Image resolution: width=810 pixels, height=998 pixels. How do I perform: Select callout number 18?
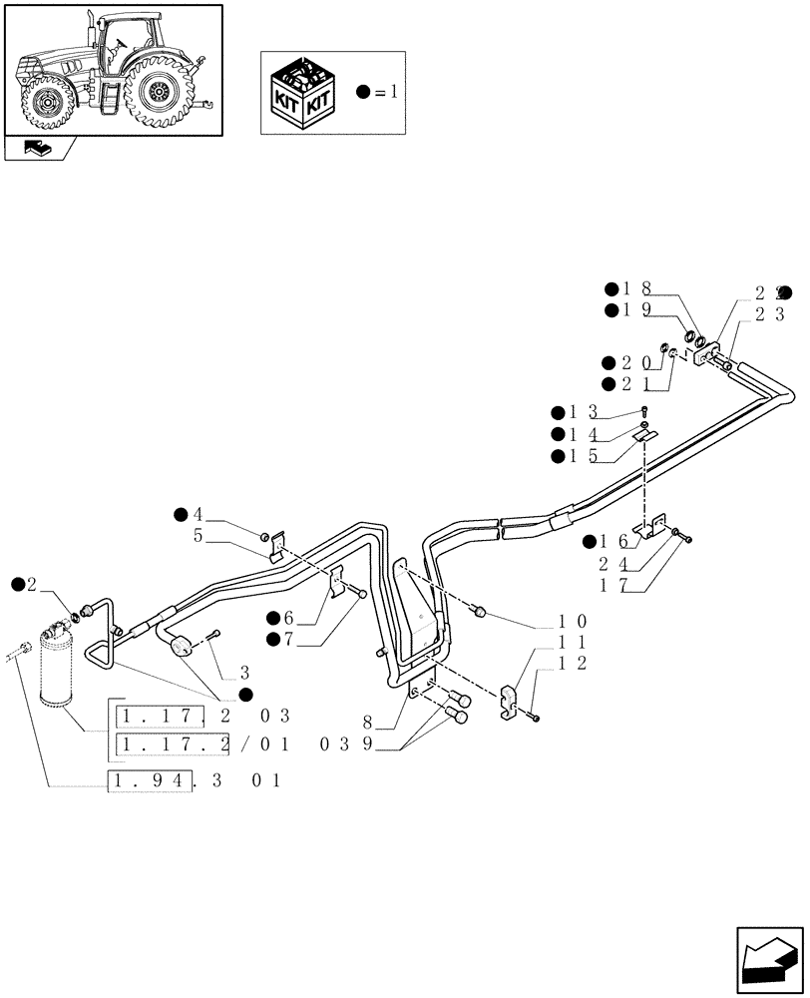(x=637, y=288)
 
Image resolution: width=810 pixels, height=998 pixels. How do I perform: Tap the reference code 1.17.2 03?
(x=203, y=716)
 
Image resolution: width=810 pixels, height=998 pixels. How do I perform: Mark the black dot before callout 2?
(x=18, y=584)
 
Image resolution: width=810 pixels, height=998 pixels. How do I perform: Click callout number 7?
(x=291, y=639)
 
